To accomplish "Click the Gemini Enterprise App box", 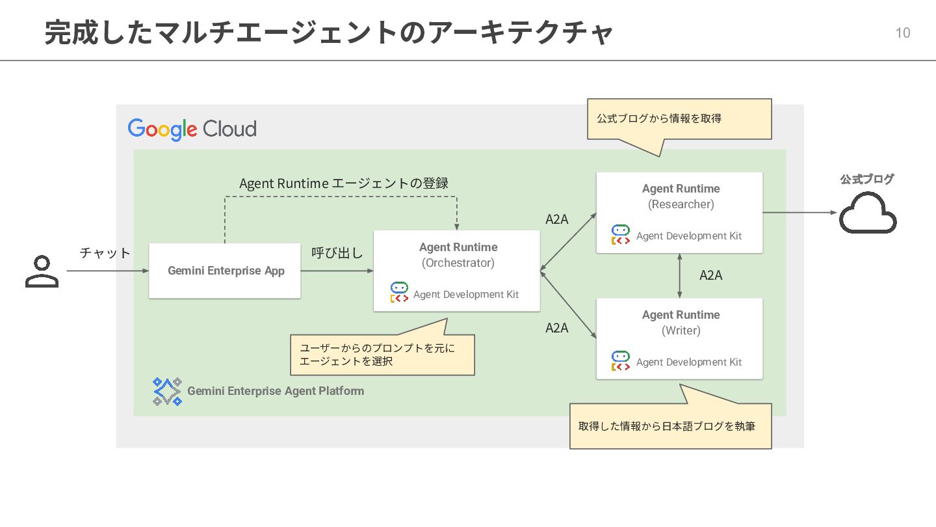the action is [225, 271].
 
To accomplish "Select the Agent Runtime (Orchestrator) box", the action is [457, 271].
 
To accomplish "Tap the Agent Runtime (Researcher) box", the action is [679, 213].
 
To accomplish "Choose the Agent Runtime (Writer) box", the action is [679, 339].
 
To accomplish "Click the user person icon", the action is [42, 271].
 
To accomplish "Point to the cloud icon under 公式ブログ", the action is [868, 213].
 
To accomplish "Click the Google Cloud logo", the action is [192, 129].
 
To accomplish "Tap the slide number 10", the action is [903, 33].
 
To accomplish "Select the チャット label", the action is [105, 253].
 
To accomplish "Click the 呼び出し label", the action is [337, 253].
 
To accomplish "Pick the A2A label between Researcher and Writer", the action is [711, 275].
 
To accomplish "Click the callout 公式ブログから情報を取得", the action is [679, 119].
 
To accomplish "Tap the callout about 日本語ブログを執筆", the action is [671, 426].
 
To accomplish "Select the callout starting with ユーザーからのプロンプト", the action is [382, 355].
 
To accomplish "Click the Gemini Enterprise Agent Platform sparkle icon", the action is [167, 392].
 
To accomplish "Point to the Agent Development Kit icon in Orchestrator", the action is [399, 292].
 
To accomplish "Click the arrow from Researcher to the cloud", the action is [799, 213].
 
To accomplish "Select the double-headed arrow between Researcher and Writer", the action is [679, 276].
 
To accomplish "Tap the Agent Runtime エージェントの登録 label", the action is [343, 183].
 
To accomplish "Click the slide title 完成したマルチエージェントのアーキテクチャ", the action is [329, 33].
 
